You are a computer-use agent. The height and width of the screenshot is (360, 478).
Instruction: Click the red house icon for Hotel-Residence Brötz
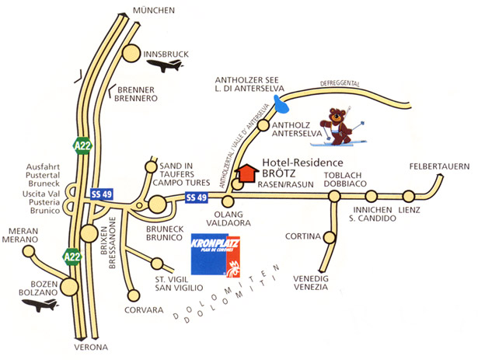coord(246,172)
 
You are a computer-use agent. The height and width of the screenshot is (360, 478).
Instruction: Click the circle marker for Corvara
coord(134,295)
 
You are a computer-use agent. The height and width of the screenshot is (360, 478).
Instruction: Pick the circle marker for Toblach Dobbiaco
coord(334,196)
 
